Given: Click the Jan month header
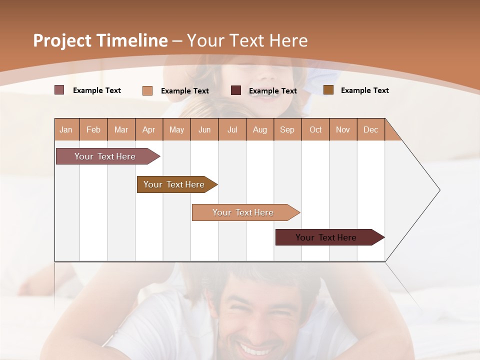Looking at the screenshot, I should tap(66, 129).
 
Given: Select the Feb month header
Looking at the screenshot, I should tap(93, 129).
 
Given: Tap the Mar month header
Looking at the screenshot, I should tap(121, 129).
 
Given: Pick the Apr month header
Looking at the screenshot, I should tap(149, 129).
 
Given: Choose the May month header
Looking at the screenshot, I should tap(176, 129).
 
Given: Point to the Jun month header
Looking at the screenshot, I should tap(204, 129).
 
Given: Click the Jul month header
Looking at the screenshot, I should tap(232, 129).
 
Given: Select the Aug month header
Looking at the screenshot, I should tap(260, 129).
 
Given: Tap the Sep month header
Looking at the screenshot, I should tap(287, 129).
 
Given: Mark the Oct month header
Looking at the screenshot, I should tap(315, 129).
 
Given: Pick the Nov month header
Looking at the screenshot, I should tap(343, 129).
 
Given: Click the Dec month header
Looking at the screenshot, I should tap(371, 129).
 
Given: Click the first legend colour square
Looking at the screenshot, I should tap(59, 90).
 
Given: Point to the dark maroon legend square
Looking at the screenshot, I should tap(236, 90).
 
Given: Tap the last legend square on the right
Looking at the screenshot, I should tap(328, 90).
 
